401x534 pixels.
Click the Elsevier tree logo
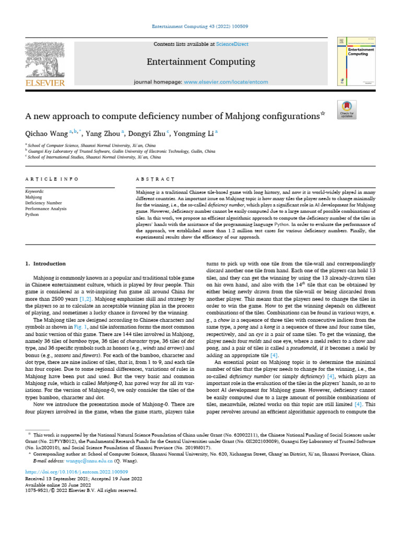click(44, 58)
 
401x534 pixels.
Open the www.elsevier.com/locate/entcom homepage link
click(226, 82)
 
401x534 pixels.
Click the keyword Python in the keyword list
click(32, 214)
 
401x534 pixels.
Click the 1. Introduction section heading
click(46, 264)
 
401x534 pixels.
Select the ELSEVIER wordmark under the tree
click(44, 82)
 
